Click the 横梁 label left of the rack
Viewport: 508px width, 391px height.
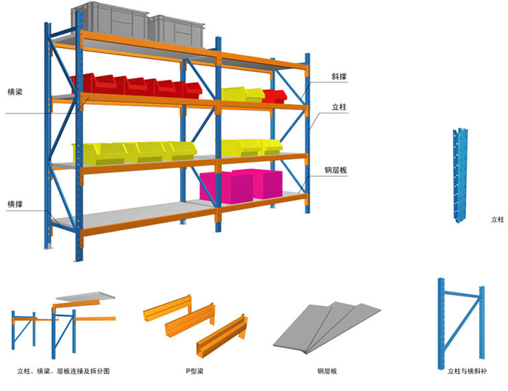16,92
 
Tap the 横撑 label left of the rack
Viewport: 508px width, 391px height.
16,203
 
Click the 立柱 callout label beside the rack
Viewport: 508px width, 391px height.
339,107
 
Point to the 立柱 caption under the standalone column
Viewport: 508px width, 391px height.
497,219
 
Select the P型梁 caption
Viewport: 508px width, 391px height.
195,371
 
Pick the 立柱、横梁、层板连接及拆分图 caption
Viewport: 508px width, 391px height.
63,371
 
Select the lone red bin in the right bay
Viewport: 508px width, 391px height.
274,95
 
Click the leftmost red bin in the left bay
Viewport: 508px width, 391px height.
87,81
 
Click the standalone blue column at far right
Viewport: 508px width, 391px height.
458,174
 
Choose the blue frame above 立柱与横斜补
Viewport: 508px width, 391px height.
459,320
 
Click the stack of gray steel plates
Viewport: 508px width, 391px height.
327,326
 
